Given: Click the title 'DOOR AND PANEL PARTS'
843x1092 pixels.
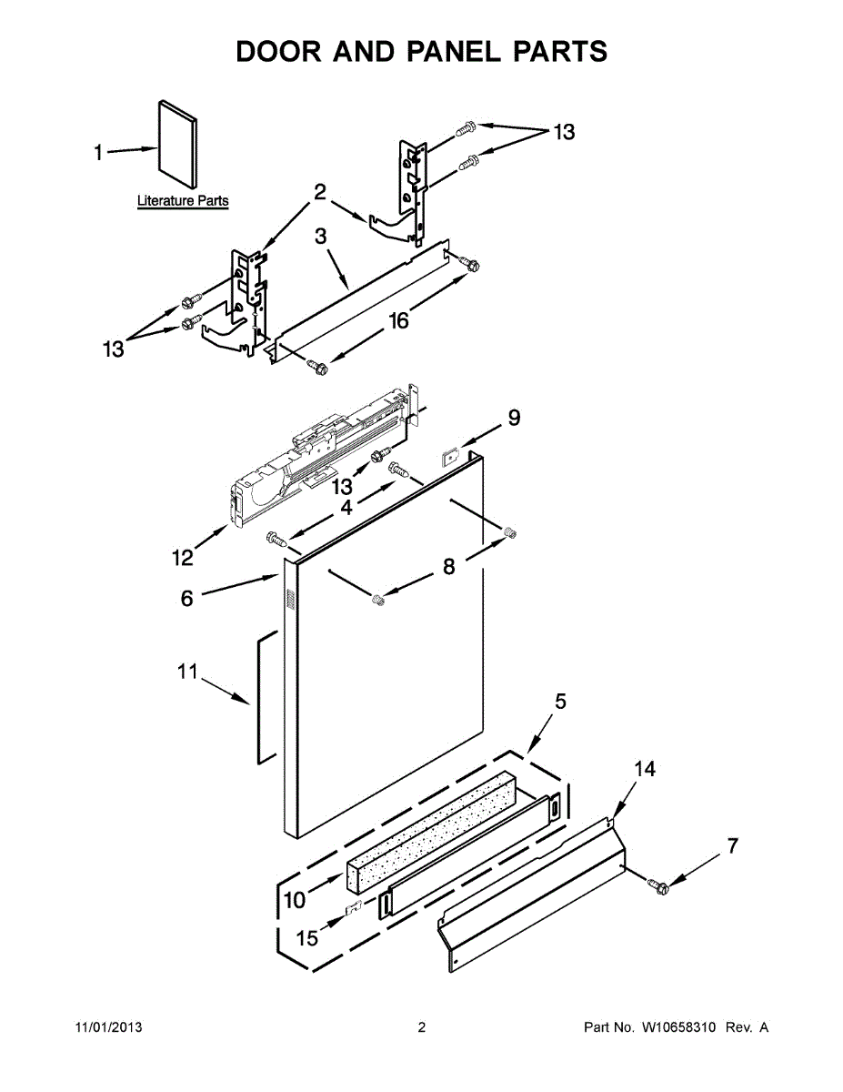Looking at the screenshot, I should (421, 52).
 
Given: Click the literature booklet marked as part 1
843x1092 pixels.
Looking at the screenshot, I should (176, 139).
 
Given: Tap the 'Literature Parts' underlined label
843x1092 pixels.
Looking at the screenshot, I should (183, 200).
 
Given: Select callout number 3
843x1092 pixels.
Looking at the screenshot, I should (321, 237).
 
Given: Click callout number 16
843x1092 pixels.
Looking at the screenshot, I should (397, 319).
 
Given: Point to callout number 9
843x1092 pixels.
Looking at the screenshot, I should (514, 418).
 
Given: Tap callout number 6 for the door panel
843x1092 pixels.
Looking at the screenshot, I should (186, 598).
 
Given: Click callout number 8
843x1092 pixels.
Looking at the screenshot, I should (448, 566).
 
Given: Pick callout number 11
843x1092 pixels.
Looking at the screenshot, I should (186, 672).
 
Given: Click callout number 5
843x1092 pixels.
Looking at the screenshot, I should (560, 701).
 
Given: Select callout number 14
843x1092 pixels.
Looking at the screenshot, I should (644, 769).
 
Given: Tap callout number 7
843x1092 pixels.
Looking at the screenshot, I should (732, 845).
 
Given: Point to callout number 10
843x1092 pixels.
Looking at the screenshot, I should (295, 900).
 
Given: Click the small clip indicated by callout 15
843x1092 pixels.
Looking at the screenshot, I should (357, 906).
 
